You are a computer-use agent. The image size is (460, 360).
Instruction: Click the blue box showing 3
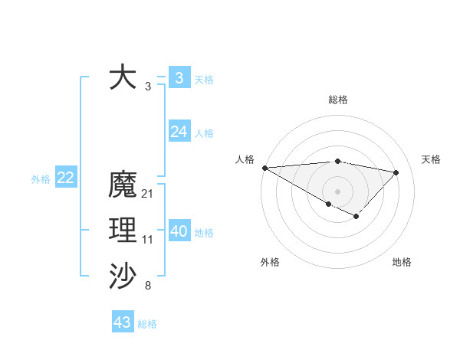(x=179, y=77)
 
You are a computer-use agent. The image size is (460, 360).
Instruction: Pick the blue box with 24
(x=179, y=132)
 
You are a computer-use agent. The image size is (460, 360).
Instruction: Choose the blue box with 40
(x=179, y=231)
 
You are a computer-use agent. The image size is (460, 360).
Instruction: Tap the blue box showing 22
(x=65, y=178)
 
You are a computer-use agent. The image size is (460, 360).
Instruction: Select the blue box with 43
(x=123, y=322)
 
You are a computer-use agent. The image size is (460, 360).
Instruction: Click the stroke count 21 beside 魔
(x=148, y=195)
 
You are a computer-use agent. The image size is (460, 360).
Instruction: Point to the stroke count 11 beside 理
(x=148, y=240)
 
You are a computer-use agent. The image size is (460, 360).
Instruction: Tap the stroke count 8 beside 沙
(x=148, y=286)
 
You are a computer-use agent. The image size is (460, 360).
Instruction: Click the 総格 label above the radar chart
(x=337, y=100)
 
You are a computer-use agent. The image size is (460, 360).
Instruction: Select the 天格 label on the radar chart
(x=431, y=159)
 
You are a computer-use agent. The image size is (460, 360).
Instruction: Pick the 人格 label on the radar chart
(x=245, y=159)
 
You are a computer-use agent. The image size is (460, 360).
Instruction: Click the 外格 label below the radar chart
(x=270, y=262)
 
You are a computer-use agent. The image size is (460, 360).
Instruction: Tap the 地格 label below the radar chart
(x=402, y=262)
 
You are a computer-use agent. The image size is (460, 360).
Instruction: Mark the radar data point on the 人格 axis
(x=264, y=168)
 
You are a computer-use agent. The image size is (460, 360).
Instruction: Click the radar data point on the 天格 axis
(x=396, y=172)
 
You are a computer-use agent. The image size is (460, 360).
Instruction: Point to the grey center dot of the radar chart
(x=337, y=191)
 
